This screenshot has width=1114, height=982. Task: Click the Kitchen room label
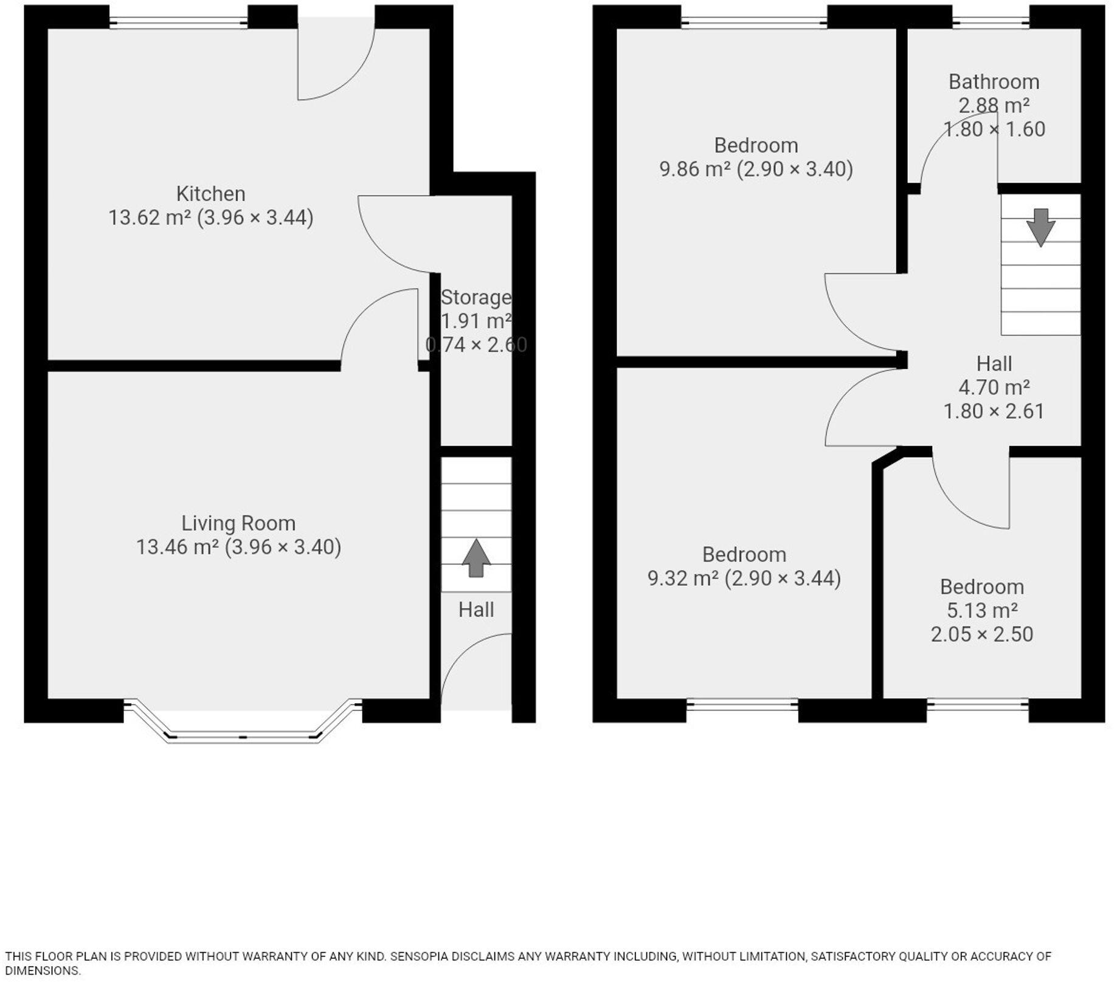click(210, 194)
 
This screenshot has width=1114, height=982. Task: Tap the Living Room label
click(238, 523)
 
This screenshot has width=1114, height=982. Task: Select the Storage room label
click(476, 297)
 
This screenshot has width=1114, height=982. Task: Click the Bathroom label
click(994, 81)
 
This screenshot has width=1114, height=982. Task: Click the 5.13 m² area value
click(982, 610)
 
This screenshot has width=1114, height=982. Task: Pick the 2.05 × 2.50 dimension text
click(982, 634)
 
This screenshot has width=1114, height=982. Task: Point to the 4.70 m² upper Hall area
click(994, 387)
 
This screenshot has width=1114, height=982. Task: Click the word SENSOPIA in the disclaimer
click(420, 956)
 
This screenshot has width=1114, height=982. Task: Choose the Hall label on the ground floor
click(476, 609)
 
